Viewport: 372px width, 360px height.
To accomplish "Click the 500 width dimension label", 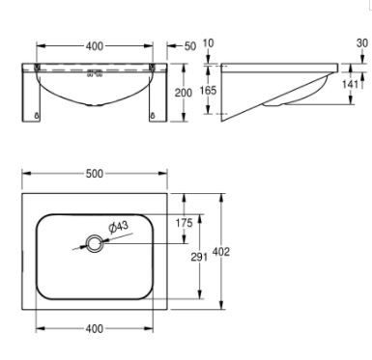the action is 95,174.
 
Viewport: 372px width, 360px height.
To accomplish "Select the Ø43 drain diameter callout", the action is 119,227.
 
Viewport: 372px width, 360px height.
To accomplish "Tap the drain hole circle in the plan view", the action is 95,243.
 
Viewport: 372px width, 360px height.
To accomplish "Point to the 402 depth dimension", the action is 221,252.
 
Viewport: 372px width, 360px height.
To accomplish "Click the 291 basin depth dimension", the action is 199,257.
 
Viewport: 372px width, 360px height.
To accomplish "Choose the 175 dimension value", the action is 184,223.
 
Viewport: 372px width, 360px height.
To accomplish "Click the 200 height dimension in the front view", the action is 184,93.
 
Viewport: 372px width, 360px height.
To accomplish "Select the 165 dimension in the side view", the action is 208,91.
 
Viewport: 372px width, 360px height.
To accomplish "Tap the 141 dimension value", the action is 350,84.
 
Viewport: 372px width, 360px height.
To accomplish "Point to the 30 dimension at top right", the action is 362,42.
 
